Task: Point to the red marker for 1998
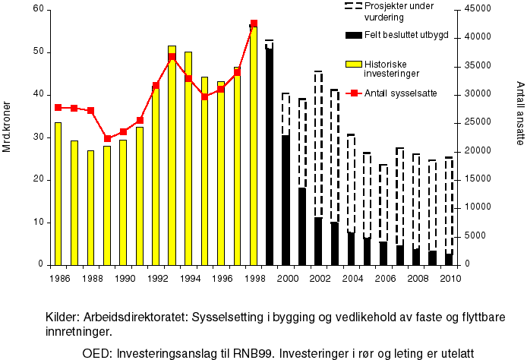click(x=254, y=24)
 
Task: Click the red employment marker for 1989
click(x=107, y=139)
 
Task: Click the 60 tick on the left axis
click(x=34, y=9)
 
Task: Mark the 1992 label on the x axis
click(x=156, y=277)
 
